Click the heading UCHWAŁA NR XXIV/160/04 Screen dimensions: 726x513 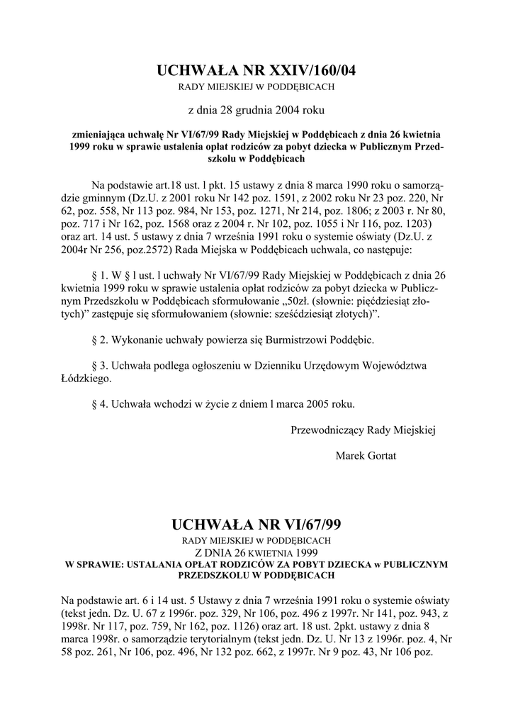[256, 71]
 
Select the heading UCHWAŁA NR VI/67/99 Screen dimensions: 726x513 [256, 525]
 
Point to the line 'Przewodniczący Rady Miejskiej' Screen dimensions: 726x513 [363, 429]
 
